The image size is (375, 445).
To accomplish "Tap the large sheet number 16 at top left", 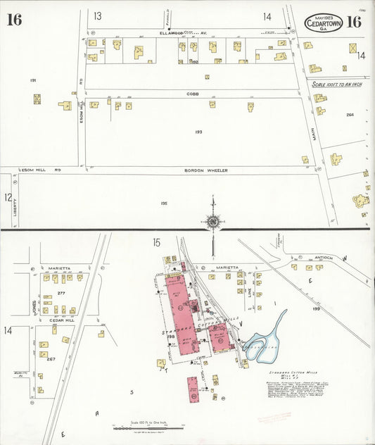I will (x=14, y=20).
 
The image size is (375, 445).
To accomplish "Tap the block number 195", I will (x=163, y=203).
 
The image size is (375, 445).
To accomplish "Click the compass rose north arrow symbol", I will (x=212, y=222).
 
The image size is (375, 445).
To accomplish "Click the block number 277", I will (x=61, y=293).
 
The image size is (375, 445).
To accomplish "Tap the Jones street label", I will (x=34, y=307).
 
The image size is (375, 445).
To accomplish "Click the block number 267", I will (x=51, y=359).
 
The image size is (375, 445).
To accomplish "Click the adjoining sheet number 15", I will (x=156, y=243).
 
